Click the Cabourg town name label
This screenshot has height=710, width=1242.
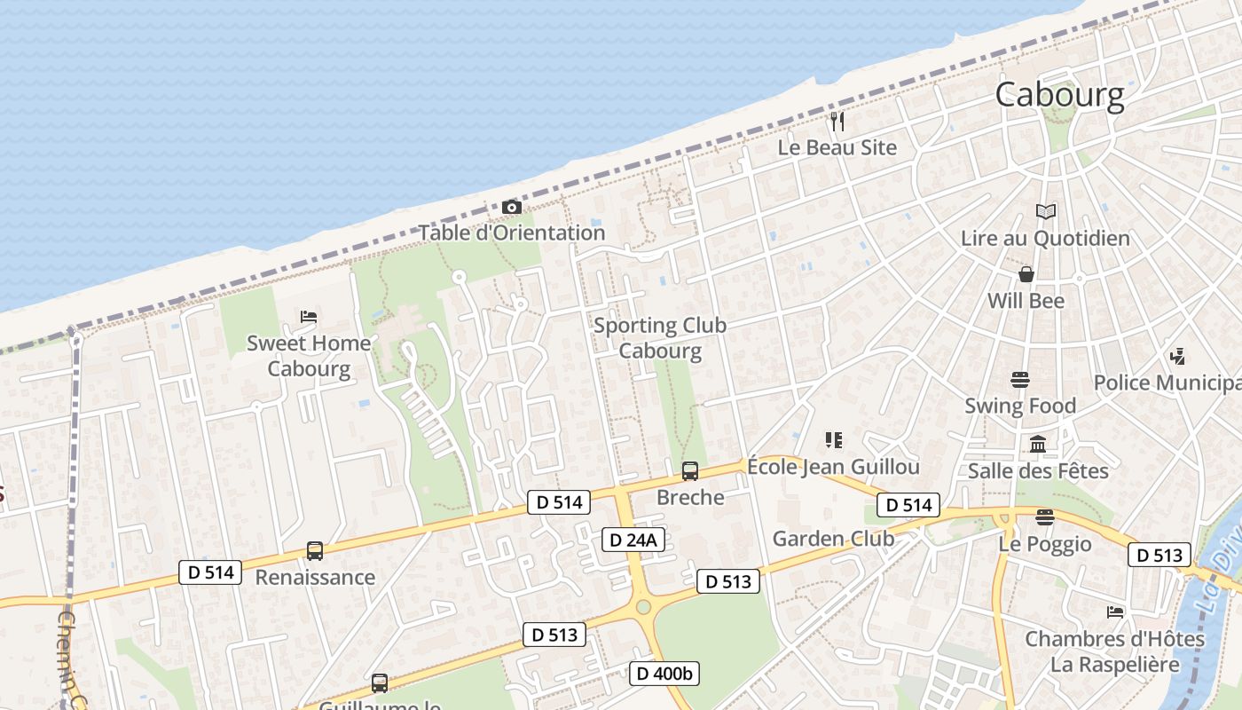1059,95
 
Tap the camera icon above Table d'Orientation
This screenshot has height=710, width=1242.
512,208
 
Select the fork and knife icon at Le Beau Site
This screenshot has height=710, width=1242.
837,121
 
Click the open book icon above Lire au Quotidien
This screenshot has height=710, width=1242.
1046,212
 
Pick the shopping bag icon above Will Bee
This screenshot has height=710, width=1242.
1026,274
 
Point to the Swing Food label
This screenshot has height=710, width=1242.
1020,406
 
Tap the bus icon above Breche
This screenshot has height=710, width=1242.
689,471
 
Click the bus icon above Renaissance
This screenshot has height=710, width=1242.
315,551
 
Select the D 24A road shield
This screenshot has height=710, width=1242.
633,540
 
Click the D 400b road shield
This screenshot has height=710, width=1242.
664,674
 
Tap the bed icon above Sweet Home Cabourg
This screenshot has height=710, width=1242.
309,317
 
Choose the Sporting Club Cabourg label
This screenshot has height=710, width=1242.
660,337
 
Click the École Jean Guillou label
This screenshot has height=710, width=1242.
832,467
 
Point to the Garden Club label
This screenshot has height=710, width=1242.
833,538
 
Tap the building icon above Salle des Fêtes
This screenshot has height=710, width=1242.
1037,444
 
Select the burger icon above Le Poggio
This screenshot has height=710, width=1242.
1045,517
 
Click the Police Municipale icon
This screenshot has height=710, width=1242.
1178,357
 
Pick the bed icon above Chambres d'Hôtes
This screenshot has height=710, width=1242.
1115,612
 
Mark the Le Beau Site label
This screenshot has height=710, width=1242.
837,147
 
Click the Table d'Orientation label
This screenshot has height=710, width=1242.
512,233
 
